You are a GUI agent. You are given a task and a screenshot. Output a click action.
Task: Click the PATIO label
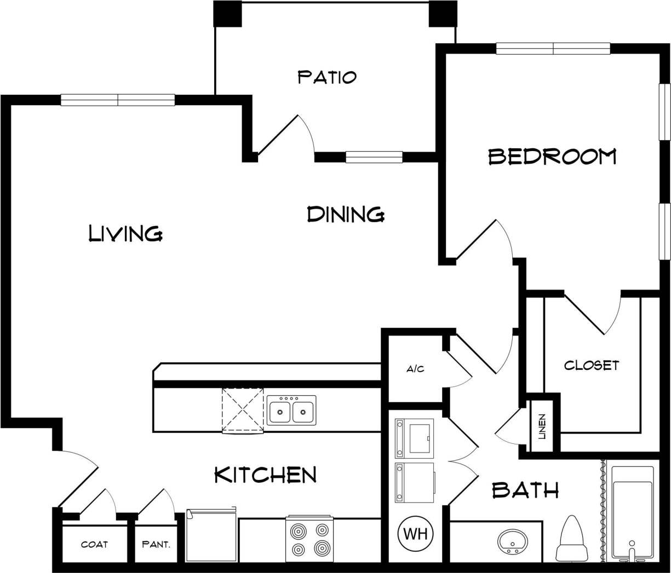tap(327, 77)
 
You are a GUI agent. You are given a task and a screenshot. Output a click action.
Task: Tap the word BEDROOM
tap(552, 157)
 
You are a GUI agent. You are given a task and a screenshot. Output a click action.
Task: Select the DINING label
tap(345, 214)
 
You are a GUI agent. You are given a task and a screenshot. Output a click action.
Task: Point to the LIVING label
tap(125, 234)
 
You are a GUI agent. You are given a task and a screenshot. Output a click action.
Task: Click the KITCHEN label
tap(265, 474)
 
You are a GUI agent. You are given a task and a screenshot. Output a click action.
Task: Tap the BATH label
tap(525, 490)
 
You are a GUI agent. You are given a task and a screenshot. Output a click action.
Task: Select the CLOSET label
tap(592, 365)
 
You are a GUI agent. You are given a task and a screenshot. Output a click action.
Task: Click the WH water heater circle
tap(415, 533)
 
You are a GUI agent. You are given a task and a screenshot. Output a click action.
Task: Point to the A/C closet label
tap(415, 369)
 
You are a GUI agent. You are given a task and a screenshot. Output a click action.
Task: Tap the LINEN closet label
tap(542, 427)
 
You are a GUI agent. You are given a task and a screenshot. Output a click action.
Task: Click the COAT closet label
tap(94, 545)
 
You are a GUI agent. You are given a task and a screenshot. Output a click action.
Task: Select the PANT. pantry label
tap(156, 545)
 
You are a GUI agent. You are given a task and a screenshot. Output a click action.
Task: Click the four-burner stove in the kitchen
tap(309, 539)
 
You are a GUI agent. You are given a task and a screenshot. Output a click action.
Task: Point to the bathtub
tap(633, 512)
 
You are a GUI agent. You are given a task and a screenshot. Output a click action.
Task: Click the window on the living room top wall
tap(118, 100)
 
